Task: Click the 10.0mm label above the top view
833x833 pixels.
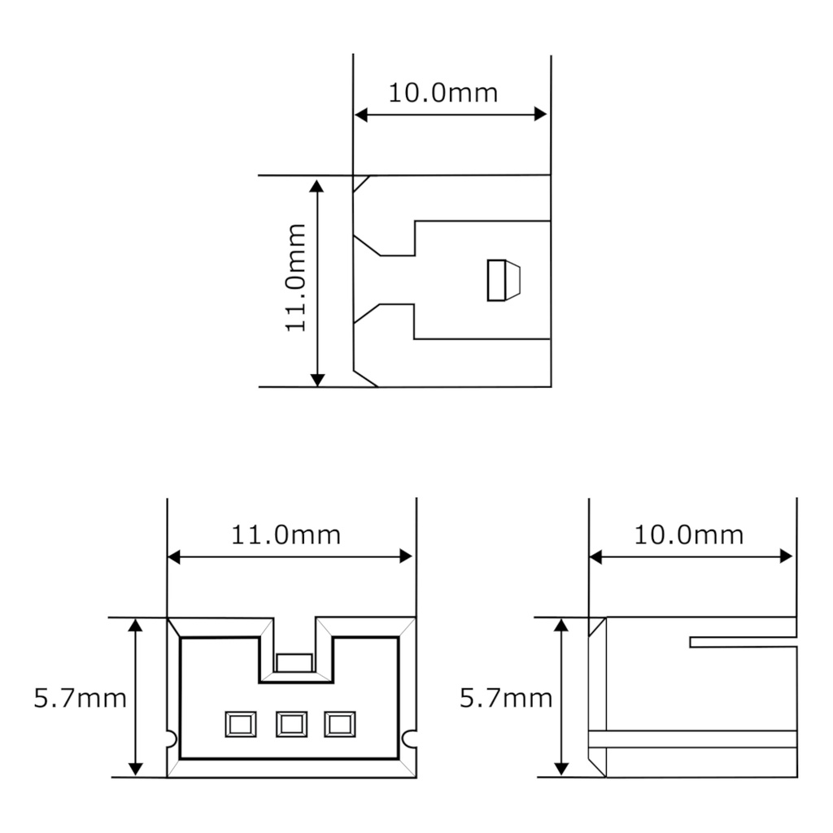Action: point(443,93)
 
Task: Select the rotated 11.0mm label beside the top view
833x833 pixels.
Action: point(295,277)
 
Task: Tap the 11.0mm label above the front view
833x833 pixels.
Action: point(286,535)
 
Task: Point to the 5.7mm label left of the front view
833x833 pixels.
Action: point(80,698)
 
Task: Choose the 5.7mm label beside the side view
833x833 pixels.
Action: point(505,698)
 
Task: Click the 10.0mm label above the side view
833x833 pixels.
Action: point(688,535)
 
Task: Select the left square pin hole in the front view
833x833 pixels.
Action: point(242,723)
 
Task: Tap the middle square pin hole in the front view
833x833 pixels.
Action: point(291,723)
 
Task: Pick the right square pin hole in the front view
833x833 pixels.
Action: point(339,723)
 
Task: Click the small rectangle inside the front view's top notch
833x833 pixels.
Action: point(294,663)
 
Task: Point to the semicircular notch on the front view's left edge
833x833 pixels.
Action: point(171,738)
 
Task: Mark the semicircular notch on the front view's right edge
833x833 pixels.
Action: point(410,738)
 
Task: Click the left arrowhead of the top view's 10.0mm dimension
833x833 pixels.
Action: point(361,116)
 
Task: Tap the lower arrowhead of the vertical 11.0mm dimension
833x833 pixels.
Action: point(318,378)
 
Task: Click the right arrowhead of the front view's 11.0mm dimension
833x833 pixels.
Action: point(406,556)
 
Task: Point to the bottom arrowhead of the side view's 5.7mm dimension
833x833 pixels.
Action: point(560,768)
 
